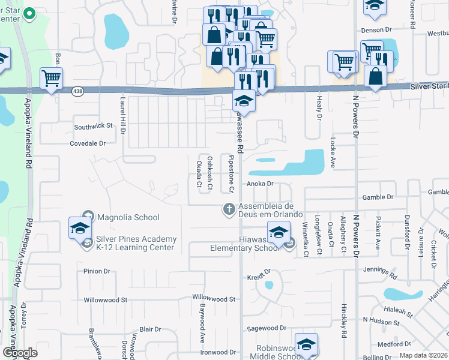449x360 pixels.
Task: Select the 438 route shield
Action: coord(77,91)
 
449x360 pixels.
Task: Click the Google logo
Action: coord(20,353)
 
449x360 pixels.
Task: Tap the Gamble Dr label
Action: coord(378,197)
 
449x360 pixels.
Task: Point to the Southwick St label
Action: coord(93,127)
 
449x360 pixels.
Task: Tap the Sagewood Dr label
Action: coord(267,328)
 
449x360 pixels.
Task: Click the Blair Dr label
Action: coord(150,329)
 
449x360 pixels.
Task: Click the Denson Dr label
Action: coord(376,29)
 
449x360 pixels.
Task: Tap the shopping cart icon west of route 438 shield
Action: coord(52,78)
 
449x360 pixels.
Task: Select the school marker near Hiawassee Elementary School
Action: coord(279,232)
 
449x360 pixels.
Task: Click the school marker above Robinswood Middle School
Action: coord(306,344)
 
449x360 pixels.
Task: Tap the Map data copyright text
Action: coord(423,355)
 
